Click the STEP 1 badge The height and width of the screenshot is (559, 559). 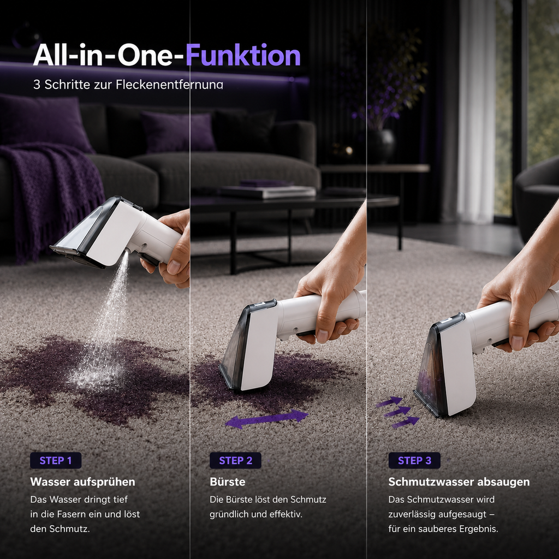pyautogui.click(x=56, y=460)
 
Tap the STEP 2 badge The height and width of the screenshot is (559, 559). pyautogui.click(x=235, y=460)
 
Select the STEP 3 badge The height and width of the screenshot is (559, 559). pyautogui.click(x=414, y=460)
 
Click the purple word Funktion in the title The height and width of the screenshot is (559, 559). pyautogui.click(x=243, y=55)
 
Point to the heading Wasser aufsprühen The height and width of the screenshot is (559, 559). pyautogui.click(x=83, y=482)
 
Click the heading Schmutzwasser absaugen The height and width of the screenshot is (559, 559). pyautogui.click(x=459, y=482)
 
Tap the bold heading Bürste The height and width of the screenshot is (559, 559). pyautogui.click(x=228, y=482)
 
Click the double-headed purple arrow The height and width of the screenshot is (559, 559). pyautogui.click(x=266, y=419)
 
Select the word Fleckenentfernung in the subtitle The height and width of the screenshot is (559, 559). pyautogui.click(x=169, y=85)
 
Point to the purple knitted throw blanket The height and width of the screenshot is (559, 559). pyautogui.click(x=50, y=193)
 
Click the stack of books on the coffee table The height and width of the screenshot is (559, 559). pyautogui.click(x=267, y=189)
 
